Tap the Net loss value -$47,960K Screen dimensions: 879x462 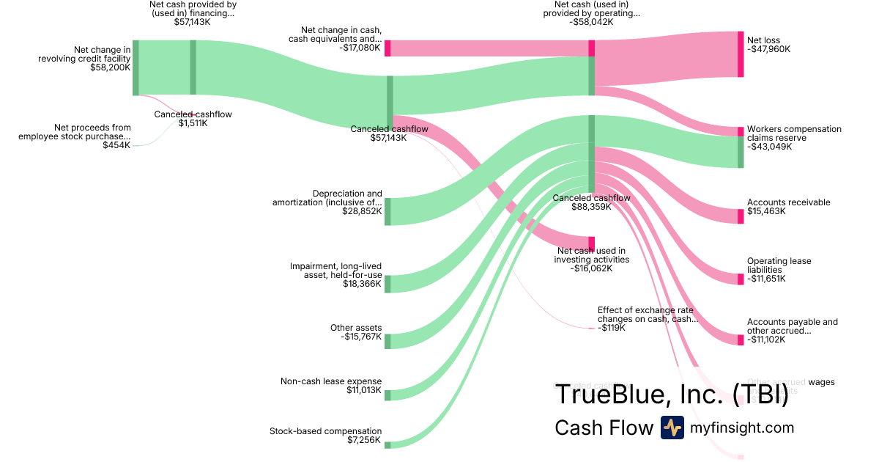pos(769,49)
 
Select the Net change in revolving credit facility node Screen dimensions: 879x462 pos(136,67)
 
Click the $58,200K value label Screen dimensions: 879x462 pos(111,67)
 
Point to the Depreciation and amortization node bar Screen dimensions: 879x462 pos(387,211)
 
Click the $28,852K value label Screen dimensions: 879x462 pos(362,211)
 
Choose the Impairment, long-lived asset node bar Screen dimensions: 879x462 pos(387,284)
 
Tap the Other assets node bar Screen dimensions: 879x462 pos(387,341)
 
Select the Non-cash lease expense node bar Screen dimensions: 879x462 pos(387,395)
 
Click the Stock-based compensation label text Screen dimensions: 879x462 pos(325,431)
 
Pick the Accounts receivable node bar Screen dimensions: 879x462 pos(740,216)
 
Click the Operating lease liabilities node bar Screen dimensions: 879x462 pos(740,279)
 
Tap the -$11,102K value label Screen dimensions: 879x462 pos(766,340)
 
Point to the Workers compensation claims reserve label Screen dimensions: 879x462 pos(794,133)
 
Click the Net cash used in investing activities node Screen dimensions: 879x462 pos(592,243)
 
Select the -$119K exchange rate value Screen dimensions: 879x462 pos(612,328)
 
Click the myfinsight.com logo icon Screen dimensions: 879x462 pos(672,428)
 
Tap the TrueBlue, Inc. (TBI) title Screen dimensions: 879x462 pos(671,395)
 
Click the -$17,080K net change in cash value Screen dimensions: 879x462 pos(360,48)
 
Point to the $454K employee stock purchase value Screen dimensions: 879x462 pos(116,145)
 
